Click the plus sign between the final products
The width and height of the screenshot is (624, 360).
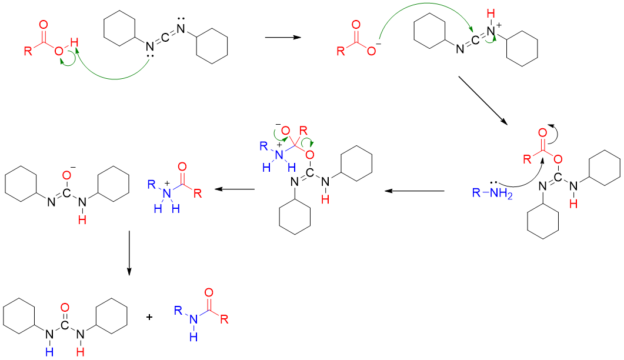tap(149, 317)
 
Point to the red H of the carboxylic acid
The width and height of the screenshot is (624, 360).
tap(74, 42)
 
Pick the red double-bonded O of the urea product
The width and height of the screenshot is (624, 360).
tap(65, 307)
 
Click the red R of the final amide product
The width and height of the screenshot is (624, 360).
tap(224, 319)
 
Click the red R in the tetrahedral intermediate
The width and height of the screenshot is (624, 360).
tap(303, 129)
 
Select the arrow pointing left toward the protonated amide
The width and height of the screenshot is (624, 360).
tap(234, 190)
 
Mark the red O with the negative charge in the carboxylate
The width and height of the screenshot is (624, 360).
tap(371, 51)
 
